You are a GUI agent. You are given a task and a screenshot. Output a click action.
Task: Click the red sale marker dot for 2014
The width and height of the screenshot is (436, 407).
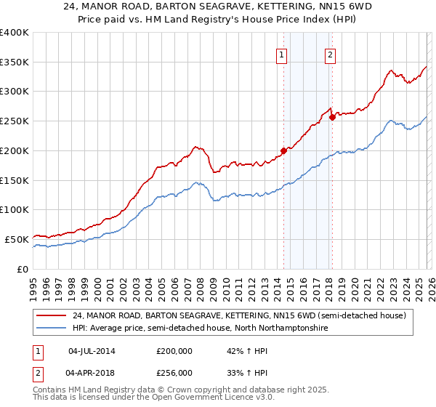click(x=283, y=151)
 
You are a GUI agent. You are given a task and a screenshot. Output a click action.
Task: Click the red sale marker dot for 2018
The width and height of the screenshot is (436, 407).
click(x=332, y=117)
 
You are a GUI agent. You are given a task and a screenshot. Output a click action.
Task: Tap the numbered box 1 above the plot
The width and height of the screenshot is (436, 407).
click(x=281, y=54)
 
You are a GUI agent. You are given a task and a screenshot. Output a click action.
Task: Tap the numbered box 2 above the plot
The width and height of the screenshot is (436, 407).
click(x=330, y=54)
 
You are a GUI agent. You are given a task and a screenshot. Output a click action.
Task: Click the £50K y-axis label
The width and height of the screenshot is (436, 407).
click(x=17, y=239)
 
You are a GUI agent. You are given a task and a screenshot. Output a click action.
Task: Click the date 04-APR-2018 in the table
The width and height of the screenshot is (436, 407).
click(x=92, y=372)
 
